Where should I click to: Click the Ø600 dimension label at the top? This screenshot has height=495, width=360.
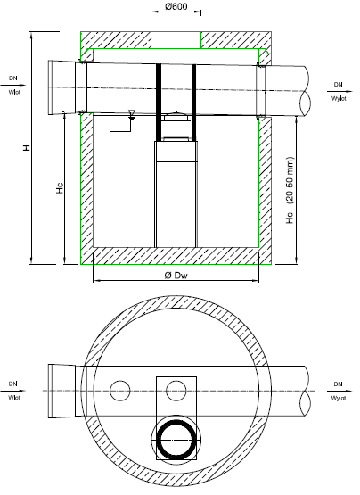point(176,8)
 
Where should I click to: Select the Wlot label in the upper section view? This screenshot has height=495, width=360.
point(14,91)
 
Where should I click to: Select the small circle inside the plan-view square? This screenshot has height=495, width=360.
point(176,390)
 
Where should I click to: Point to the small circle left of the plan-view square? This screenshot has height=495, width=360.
point(118,390)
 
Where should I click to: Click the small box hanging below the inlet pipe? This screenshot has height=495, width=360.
point(118,123)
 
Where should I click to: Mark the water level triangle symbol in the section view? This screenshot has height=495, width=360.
point(132,113)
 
